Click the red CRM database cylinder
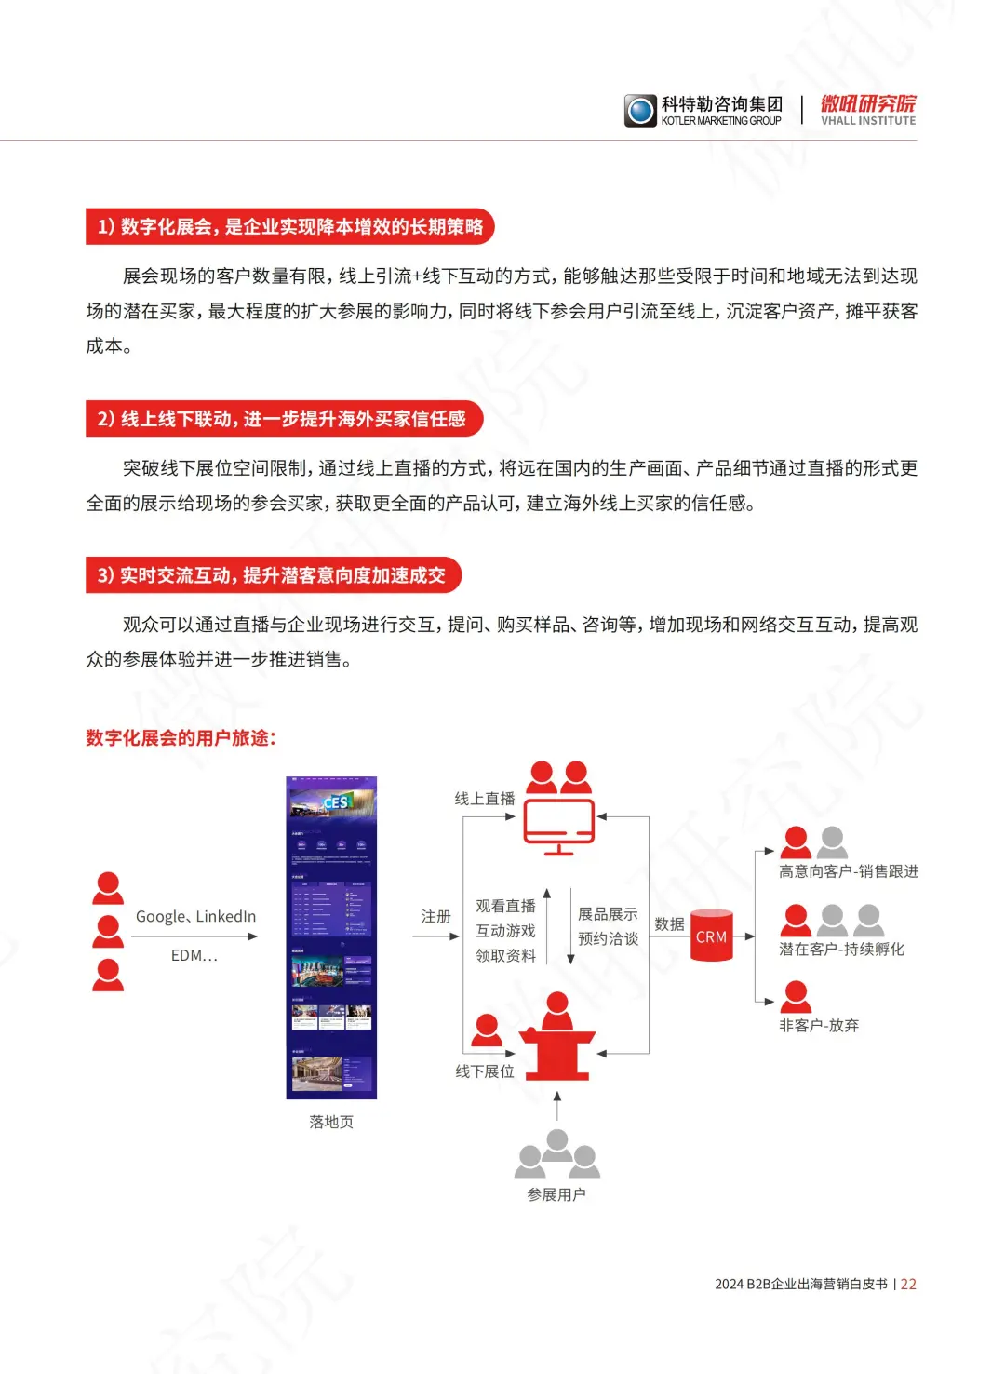coord(711,935)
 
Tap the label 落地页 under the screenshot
coord(331,1122)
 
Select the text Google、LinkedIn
coord(195,916)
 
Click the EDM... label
coord(194,955)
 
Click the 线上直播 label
coord(484,799)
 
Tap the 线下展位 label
coord(484,1071)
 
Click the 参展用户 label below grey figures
coord(556,1194)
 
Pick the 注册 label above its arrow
coord(435,916)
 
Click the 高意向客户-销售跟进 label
coord(848,871)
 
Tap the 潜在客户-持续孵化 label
coord(841,949)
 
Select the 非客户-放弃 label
coord(818,1025)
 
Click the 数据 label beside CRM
coord(669,923)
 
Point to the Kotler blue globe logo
coord(640,111)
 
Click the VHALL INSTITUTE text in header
coord(868,121)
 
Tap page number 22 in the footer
coord(908,1284)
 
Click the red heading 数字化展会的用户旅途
coord(181,738)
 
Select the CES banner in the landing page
coord(332,801)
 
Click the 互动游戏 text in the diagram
coord(505,931)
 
